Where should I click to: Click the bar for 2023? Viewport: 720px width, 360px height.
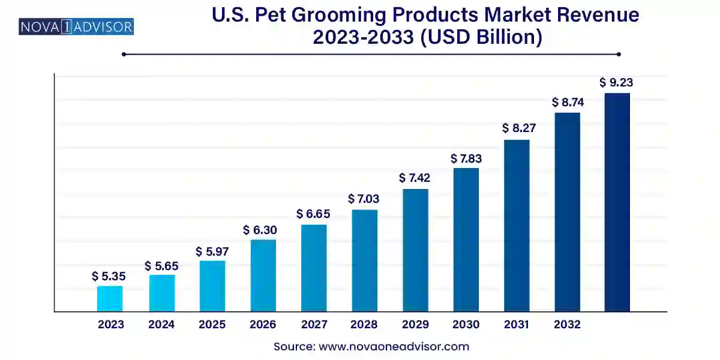110,299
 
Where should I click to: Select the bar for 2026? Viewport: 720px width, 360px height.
263,275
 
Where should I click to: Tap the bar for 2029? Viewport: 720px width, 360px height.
415,250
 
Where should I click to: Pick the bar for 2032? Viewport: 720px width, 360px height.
567,212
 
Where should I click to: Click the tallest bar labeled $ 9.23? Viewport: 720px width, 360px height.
617,202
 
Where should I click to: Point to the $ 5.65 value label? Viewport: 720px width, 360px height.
161,265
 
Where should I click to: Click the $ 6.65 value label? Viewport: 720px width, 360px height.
313,214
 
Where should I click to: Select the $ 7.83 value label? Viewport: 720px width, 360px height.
466,158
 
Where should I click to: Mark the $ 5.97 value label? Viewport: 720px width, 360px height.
212,252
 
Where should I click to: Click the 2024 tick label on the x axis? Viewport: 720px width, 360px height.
161,325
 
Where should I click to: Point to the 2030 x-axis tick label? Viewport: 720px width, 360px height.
466,325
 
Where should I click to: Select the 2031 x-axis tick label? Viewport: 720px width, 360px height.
517,325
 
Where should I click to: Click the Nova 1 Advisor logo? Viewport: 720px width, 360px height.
76,26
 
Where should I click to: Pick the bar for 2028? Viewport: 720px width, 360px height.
364,260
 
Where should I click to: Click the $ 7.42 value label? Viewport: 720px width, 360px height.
416,178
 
